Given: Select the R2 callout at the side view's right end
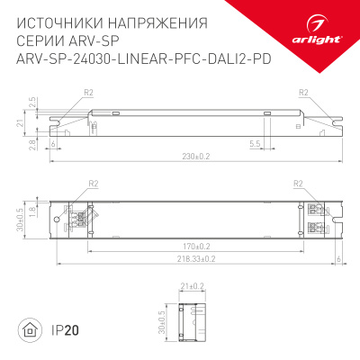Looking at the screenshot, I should click(x=303, y=93).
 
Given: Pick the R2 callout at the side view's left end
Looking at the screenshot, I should click(x=88, y=93).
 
